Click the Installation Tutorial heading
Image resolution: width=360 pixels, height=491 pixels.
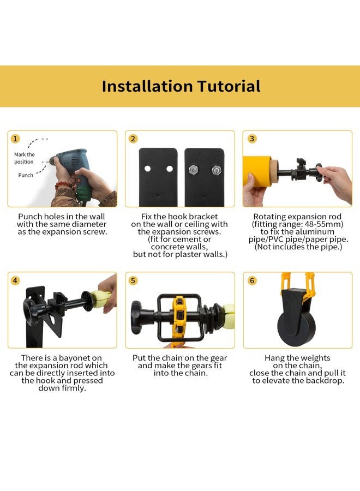point(181,86)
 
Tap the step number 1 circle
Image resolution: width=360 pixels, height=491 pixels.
point(16,139)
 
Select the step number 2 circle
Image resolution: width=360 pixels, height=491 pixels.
point(133,139)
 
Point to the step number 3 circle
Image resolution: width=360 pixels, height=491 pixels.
point(251,139)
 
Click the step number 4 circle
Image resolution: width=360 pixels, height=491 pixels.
point(16,281)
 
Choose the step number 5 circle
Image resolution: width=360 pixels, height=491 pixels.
point(133,281)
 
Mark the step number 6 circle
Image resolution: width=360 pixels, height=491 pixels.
point(251,281)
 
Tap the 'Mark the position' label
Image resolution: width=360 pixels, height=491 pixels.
point(24,158)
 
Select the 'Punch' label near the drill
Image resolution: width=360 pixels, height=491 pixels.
point(26,175)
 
